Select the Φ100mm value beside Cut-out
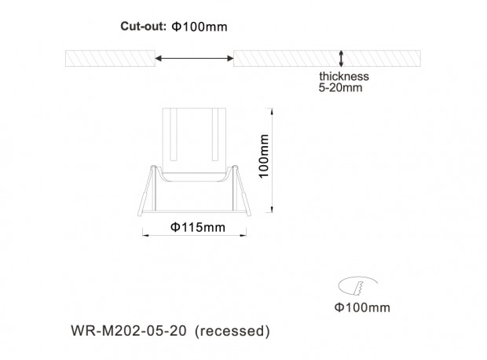click(x=200, y=27)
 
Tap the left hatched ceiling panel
click(x=110, y=58)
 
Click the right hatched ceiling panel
click(x=327, y=58)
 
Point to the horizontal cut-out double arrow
click(x=195, y=58)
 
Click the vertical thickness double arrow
click(x=341, y=58)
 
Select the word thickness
click(x=344, y=76)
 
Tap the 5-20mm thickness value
click(x=340, y=88)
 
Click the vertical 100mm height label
click(x=264, y=156)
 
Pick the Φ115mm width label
click(x=198, y=227)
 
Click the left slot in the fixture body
click(x=174, y=134)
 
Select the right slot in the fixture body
click(x=215, y=134)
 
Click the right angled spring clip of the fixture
click(x=242, y=190)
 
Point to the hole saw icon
click(x=358, y=286)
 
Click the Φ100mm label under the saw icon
click(x=362, y=307)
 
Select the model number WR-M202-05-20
click(x=129, y=330)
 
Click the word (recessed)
click(x=233, y=331)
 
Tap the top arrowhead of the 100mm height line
click(x=272, y=111)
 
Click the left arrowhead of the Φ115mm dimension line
click(x=145, y=235)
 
